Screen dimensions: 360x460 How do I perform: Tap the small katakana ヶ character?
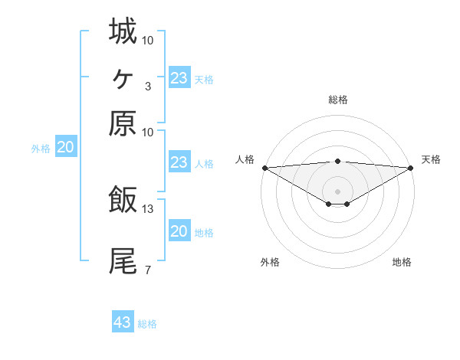pyautogui.click(x=123, y=77)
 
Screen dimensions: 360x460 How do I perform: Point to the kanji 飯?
pyautogui.click(x=123, y=199)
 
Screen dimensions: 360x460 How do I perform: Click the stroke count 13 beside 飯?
pyautogui.click(x=148, y=208)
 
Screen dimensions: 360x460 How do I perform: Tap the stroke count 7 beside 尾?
pyautogui.click(x=147, y=270)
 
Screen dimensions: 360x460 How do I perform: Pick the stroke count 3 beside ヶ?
pyautogui.click(x=147, y=86)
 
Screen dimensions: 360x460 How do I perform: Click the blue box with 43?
pyautogui.click(x=123, y=322)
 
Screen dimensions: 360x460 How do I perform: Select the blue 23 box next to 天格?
pyautogui.click(x=179, y=77)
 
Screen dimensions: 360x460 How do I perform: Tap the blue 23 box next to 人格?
pyautogui.click(x=179, y=162)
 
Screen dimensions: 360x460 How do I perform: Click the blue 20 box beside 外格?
pyautogui.click(x=65, y=148)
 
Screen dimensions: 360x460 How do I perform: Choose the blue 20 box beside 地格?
pyautogui.click(x=179, y=231)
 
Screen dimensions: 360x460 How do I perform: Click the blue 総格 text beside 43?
pyautogui.click(x=147, y=324)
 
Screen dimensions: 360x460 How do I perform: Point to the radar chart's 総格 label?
pyautogui.click(x=338, y=100)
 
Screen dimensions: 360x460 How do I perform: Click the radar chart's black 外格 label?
pyautogui.click(x=270, y=263)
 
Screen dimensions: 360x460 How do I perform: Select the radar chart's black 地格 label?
pyautogui.click(x=402, y=263)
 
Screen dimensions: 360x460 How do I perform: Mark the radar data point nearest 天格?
pyautogui.click(x=411, y=168)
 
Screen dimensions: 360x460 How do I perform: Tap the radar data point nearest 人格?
pyautogui.click(x=264, y=168)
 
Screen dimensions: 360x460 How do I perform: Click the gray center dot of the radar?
pyautogui.click(x=338, y=191)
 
